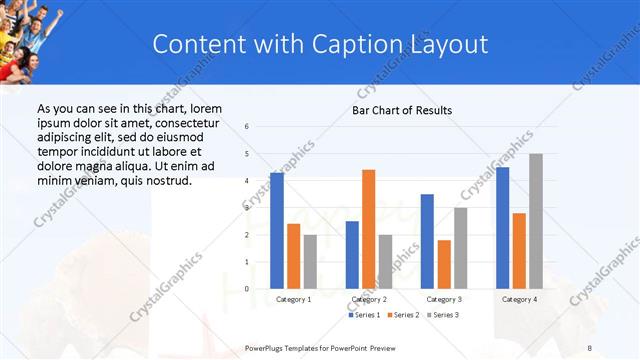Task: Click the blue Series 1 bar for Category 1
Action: click(277, 231)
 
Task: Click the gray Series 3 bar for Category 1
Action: click(310, 262)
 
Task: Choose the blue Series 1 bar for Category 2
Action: click(352, 255)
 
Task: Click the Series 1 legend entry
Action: click(364, 315)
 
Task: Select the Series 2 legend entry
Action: click(405, 315)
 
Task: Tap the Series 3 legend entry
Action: click(444, 315)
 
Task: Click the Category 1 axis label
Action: click(293, 299)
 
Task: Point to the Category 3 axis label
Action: click(444, 299)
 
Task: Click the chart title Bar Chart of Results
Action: click(402, 110)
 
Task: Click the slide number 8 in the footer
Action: click(590, 346)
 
